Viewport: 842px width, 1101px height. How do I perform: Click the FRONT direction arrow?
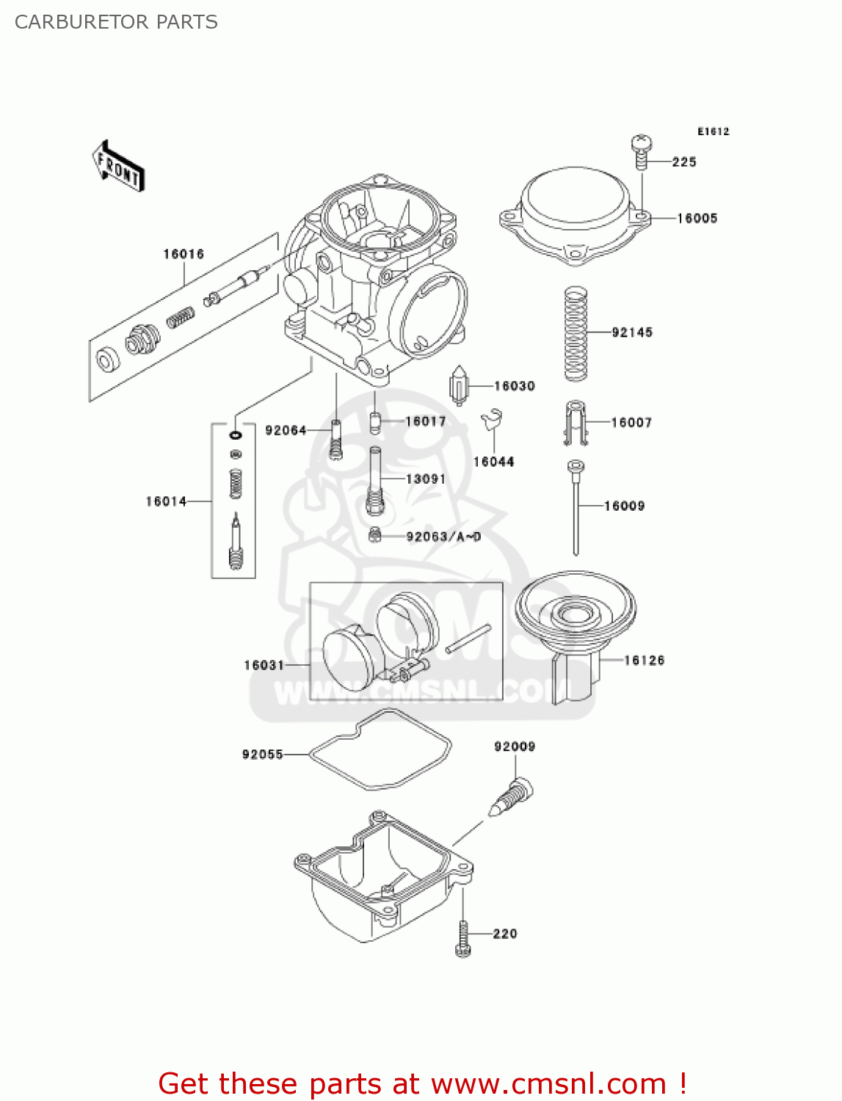pos(117,166)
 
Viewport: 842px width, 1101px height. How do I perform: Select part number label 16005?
pos(697,218)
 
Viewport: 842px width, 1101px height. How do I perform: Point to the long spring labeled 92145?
pos(576,334)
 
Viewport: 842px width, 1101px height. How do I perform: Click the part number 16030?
pos(515,386)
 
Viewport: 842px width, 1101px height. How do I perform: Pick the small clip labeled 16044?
pos(491,421)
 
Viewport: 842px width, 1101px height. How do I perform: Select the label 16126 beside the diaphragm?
pos(644,661)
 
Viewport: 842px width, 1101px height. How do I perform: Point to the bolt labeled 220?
pos(462,938)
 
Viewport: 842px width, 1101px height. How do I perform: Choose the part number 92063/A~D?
pos(443,537)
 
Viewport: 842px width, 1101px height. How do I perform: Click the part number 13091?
pos(426,479)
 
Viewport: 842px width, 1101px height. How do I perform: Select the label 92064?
pos(286,430)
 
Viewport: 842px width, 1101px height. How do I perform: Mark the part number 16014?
pos(166,501)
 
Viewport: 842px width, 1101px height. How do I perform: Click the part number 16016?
pos(184,254)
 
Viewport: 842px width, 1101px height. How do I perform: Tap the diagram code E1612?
pos(713,131)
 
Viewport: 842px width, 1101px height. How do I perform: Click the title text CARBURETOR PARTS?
pos(116,22)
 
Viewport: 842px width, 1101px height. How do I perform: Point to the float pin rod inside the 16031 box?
pos(468,638)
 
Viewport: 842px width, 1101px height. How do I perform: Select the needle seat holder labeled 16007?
pos(576,424)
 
